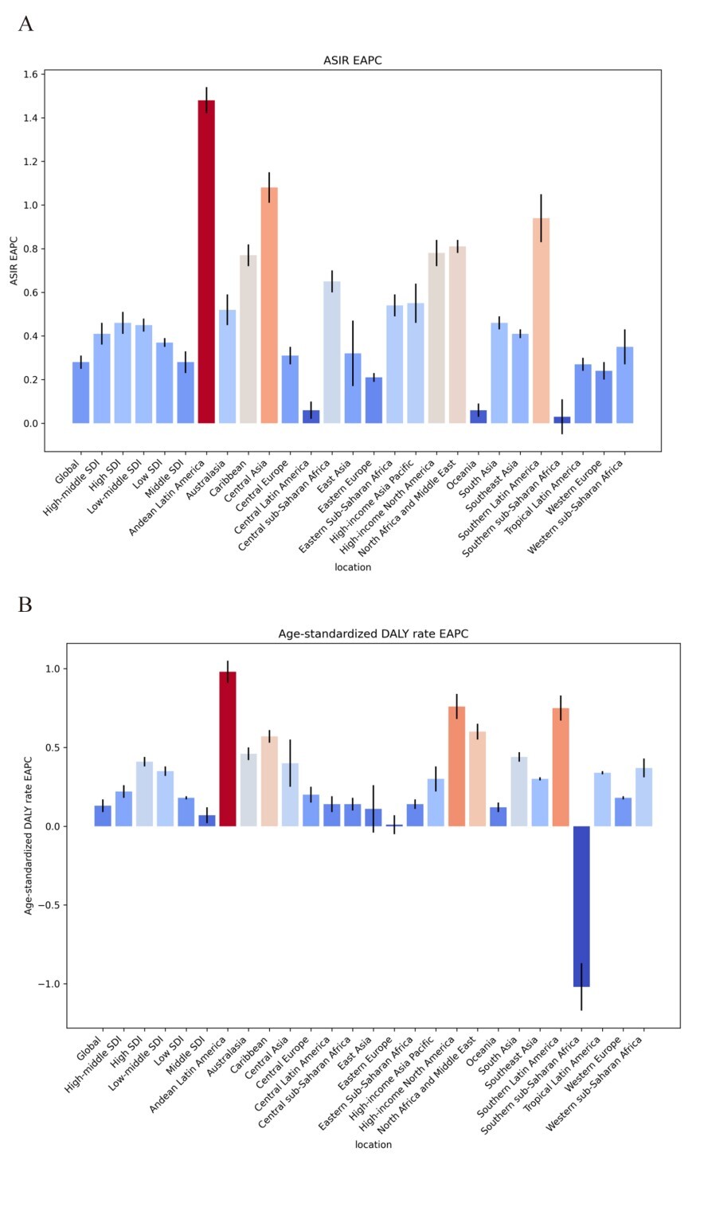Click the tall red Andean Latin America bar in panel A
[x=206, y=261]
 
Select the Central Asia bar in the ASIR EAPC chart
[x=269, y=305]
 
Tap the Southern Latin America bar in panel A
[x=541, y=320]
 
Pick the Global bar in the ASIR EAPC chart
[x=80, y=393]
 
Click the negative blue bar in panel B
[x=581, y=906]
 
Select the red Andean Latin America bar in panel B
[x=228, y=749]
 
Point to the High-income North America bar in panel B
[x=456, y=766]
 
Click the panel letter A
[x=25, y=24]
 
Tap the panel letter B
[x=25, y=604]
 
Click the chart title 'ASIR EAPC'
[x=353, y=61]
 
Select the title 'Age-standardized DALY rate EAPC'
[x=374, y=633]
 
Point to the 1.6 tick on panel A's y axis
[x=30, y=74]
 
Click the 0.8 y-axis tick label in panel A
[x=30, y=249]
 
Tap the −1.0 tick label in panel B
[x=49, y=983]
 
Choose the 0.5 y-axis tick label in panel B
[x=53, y=747]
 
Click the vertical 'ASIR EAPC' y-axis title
[x=14, y=261]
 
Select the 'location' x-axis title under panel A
[x=353, y=566]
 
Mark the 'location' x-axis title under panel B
[x=374, y=1144]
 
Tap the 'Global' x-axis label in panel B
[x=88, y=1048]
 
